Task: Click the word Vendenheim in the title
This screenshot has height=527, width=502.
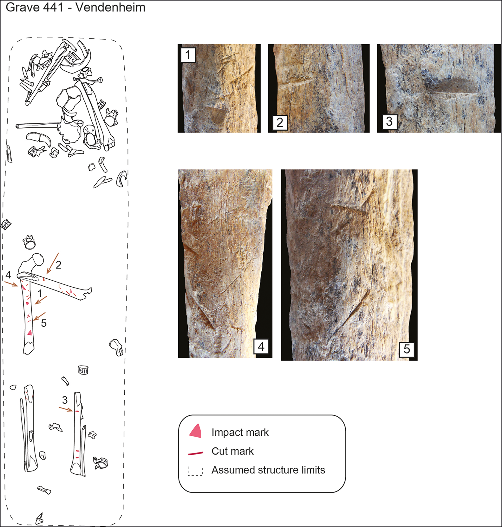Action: click(x=110, y=7)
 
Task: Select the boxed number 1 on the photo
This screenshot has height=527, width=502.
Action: click(x=188, y=55)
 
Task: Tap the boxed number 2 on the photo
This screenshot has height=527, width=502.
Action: click(x=280, y=123)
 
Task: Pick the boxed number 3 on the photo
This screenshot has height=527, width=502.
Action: click(x=389, y=121)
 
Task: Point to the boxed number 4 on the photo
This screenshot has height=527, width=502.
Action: click(x=261, y=346)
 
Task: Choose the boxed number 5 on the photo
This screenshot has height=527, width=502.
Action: click(x=407, y=349)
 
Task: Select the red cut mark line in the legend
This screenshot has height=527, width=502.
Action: click(x=195, y=453)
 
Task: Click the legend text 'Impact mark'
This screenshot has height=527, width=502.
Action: click(x=240, y=433)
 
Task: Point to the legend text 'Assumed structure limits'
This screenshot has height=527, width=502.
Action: click(x=268, y=470)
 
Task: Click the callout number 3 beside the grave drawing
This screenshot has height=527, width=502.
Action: click(x=65, y=400)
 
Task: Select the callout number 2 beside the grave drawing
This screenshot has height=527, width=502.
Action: click(x=58, y=265)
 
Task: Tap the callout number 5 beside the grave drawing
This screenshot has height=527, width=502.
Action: click(x=44, y=323)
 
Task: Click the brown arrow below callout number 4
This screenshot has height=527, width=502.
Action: click(x=11, y=283)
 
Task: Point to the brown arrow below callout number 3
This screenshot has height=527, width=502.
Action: click(x=66, y=409)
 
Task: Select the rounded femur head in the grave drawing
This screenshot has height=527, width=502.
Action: click(x=37, y=259)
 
